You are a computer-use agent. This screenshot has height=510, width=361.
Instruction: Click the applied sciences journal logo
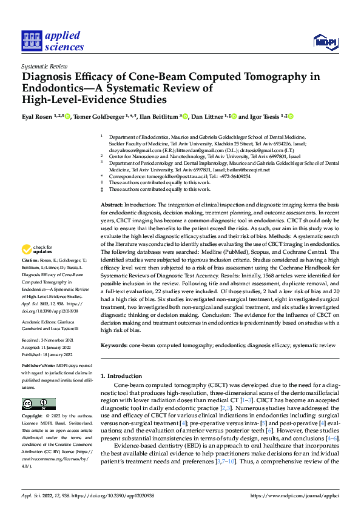(x=52, y=40)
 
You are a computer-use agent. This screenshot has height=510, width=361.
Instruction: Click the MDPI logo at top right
(x=325, y=41)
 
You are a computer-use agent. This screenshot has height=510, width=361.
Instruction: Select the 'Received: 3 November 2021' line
(x=47, y=340)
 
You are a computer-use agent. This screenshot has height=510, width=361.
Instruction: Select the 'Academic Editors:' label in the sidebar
(x=41, y=322)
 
